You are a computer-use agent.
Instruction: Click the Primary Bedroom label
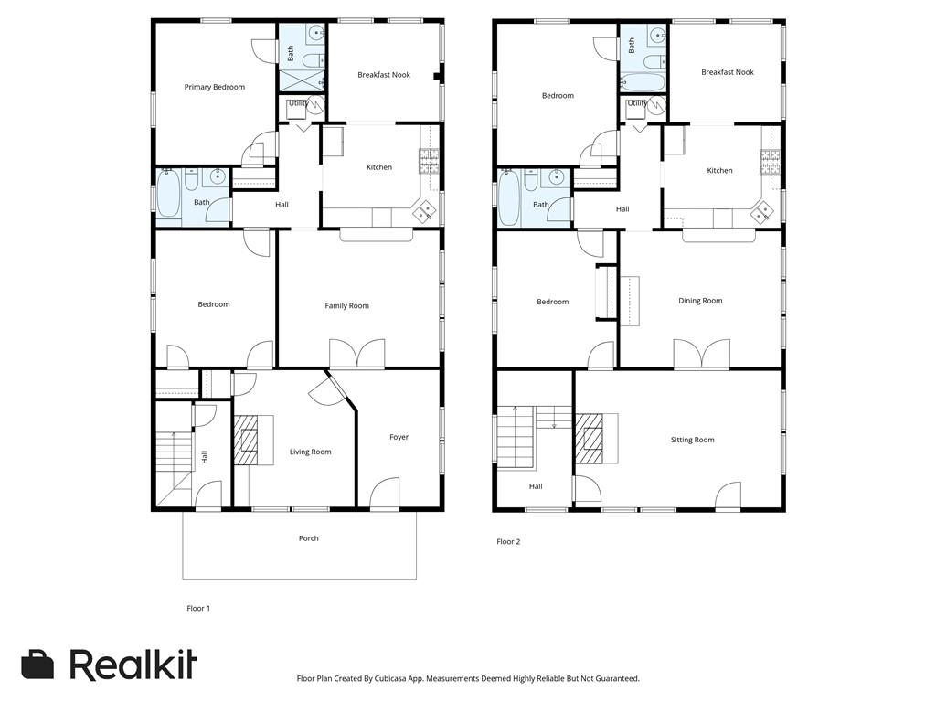tap(214, 87)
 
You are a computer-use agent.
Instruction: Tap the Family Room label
tap(346, 305)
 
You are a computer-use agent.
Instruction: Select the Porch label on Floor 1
tap(309, 538)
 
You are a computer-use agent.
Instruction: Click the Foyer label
tap(399, 437)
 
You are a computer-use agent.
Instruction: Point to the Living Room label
tap(311, 452)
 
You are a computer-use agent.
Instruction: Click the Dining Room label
tap(700, 301)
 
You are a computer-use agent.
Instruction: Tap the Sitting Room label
tap(693, 440)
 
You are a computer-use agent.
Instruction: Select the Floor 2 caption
tap(508, 542)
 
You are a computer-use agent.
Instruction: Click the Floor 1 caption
tap(198, 608)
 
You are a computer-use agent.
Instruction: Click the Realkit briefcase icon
tap(37, 664)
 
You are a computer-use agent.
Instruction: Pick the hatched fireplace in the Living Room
tap(245, 440)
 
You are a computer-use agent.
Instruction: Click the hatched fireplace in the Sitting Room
tap(589, 438)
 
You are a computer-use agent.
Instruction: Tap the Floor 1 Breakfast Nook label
tap(384, 75)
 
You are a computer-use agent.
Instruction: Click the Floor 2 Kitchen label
tap(719, 171)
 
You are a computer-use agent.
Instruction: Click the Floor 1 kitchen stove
tap(430, 161)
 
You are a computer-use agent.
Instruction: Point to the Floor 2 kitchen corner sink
tap(763, 212)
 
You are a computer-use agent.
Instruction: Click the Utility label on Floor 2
tap(637, 103)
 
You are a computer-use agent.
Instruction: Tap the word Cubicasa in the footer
tap(392, 679)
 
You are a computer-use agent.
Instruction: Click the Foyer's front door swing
tap(385, 492)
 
